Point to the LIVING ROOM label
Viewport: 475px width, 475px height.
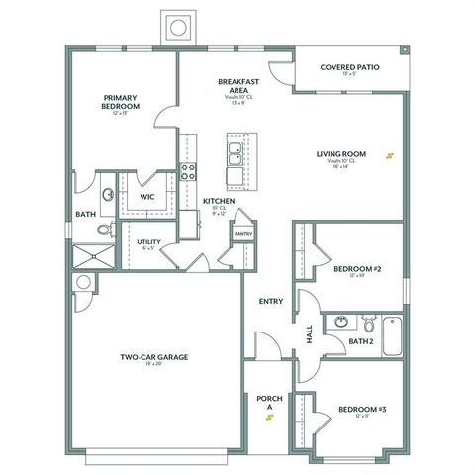point(341,153)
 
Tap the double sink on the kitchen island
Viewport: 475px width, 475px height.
point(237,154)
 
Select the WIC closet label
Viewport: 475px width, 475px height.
point(147,196)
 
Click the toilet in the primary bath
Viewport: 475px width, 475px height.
point(104,230)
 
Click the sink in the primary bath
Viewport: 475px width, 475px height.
point(107,194)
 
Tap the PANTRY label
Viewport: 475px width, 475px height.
point(243,234)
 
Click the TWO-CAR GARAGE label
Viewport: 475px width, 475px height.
point(154,357)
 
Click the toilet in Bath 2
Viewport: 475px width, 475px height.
point(367,324)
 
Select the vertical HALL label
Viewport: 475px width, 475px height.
point(309,335)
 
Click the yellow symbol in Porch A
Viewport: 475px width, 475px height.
point(269,418)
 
